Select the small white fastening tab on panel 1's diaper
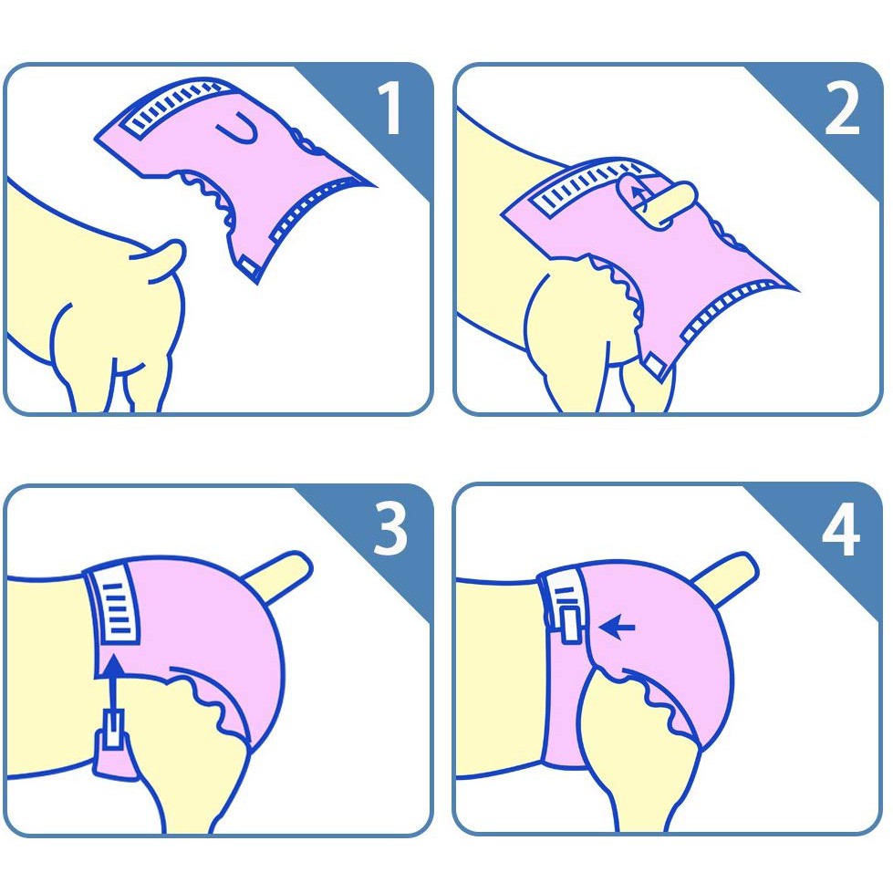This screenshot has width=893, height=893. (x=249, y=266)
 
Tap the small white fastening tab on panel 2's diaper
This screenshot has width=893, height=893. (x=654, y=365)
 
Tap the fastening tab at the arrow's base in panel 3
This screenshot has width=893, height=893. (x=113, y=729)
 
